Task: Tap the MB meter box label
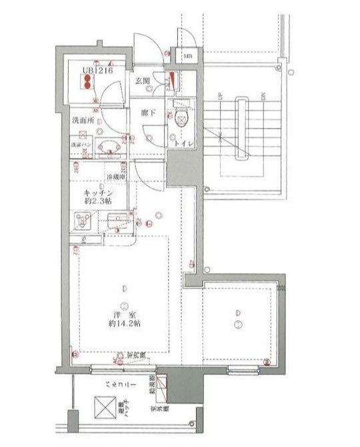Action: [x=189, y=58]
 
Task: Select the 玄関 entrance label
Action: [x=142, y=81]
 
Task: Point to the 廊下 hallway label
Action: [x=148, y=114]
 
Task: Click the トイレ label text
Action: [x=184, y=143]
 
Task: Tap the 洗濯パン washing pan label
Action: [x=81, y=144]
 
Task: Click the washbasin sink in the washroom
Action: [x=106, y=147]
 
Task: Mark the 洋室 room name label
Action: [x=125, y=315]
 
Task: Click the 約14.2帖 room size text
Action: [x=125, y=324]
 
